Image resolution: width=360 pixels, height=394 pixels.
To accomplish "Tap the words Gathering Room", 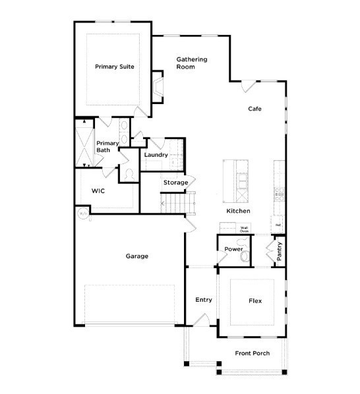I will [191, 63].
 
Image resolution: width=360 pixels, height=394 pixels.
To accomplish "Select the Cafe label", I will [255, 109].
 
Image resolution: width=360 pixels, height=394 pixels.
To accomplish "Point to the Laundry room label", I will [156, 155].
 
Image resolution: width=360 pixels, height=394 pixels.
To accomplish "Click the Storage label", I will [175, 183].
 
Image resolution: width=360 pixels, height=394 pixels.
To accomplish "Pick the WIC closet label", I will [98, 190].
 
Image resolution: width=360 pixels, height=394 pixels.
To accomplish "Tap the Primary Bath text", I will [107, 147].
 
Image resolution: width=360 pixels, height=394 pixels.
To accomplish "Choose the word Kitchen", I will [238, 211].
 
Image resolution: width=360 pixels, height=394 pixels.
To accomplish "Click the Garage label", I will [136, 256].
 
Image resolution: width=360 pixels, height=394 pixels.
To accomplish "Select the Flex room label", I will [255, 301].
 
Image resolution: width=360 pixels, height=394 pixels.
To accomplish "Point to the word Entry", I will [204, 300].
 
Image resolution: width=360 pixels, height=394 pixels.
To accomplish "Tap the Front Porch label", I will [253, 354].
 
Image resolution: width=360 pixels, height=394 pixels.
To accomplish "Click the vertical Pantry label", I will [280, 252].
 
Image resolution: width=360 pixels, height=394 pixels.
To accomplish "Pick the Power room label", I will [233, 249].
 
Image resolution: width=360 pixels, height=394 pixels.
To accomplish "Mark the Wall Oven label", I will [244, 230].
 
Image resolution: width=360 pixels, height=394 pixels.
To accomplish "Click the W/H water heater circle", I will [83, 214].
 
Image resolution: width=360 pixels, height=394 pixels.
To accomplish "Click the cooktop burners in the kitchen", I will [279, 193].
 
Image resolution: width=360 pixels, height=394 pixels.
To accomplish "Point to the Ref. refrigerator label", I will [278, 225].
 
